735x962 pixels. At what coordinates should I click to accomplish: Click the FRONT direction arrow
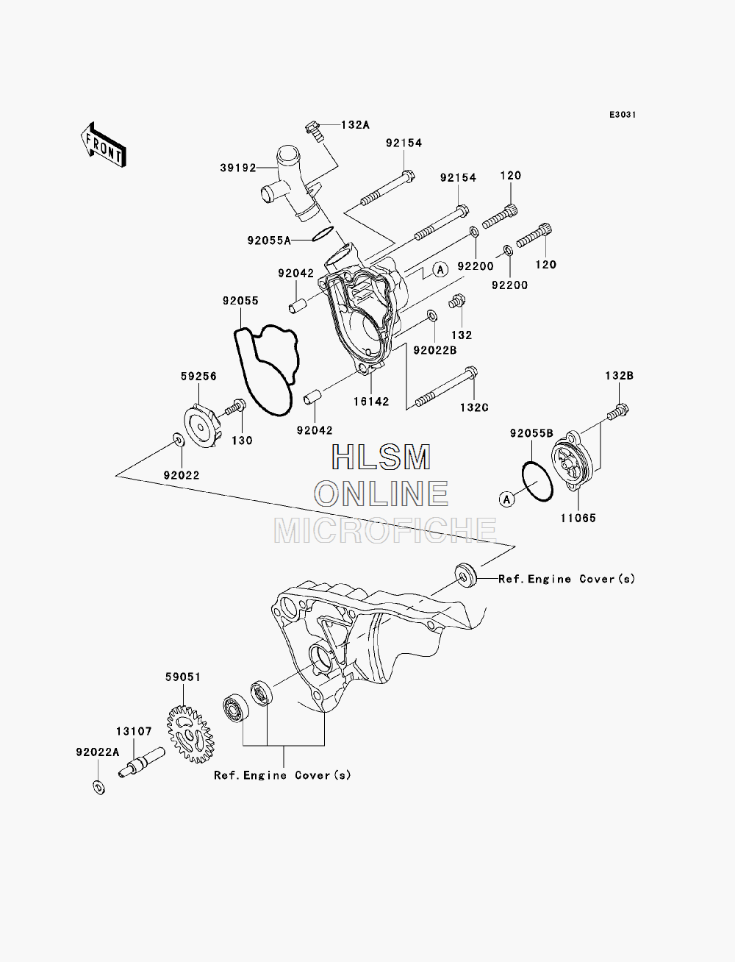104,145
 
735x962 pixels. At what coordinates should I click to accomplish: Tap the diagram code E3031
623,115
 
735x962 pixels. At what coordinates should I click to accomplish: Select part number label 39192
238,168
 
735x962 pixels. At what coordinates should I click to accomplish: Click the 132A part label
355,125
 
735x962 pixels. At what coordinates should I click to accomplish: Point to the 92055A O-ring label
269,240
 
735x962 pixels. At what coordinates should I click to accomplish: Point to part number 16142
371,402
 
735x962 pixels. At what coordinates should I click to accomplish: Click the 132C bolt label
474,407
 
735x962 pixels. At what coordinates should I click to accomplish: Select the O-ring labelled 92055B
537,482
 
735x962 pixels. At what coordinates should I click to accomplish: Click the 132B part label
620,376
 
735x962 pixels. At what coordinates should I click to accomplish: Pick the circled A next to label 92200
441,269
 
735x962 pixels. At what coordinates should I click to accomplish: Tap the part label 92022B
435,350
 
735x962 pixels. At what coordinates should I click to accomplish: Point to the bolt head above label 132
457,301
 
